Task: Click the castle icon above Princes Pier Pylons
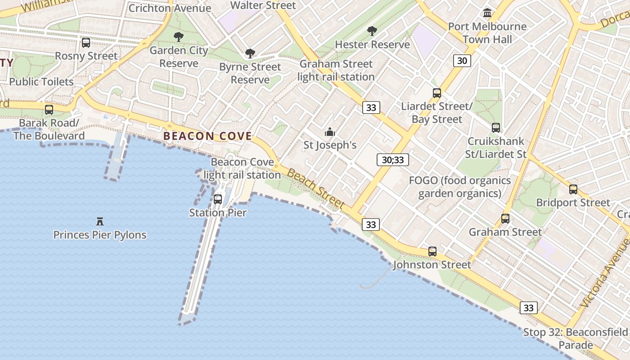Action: tap(100, 221)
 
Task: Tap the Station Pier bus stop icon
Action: tap(218, 199)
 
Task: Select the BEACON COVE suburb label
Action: tap(207, 136)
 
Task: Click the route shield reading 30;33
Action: tap(392, 159)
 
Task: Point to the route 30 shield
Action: tap(462, 60)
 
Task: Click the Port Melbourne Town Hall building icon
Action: tap(487, 13)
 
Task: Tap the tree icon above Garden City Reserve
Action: tap(179, 37)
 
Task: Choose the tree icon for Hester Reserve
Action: tap(372, 31)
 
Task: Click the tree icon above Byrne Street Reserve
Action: tap(250, 54)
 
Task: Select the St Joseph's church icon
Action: tap(330, 132)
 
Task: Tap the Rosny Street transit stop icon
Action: tap(85, 43)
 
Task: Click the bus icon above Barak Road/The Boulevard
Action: tap(49, 109)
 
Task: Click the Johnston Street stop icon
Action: tap(432, 251)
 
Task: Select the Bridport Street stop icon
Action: tap(573, 189)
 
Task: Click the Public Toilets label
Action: tap(41, 81)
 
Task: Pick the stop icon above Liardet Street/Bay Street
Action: tap(437, 93)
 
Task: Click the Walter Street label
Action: tap(263, 5)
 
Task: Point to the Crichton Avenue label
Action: tap(170, 8)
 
